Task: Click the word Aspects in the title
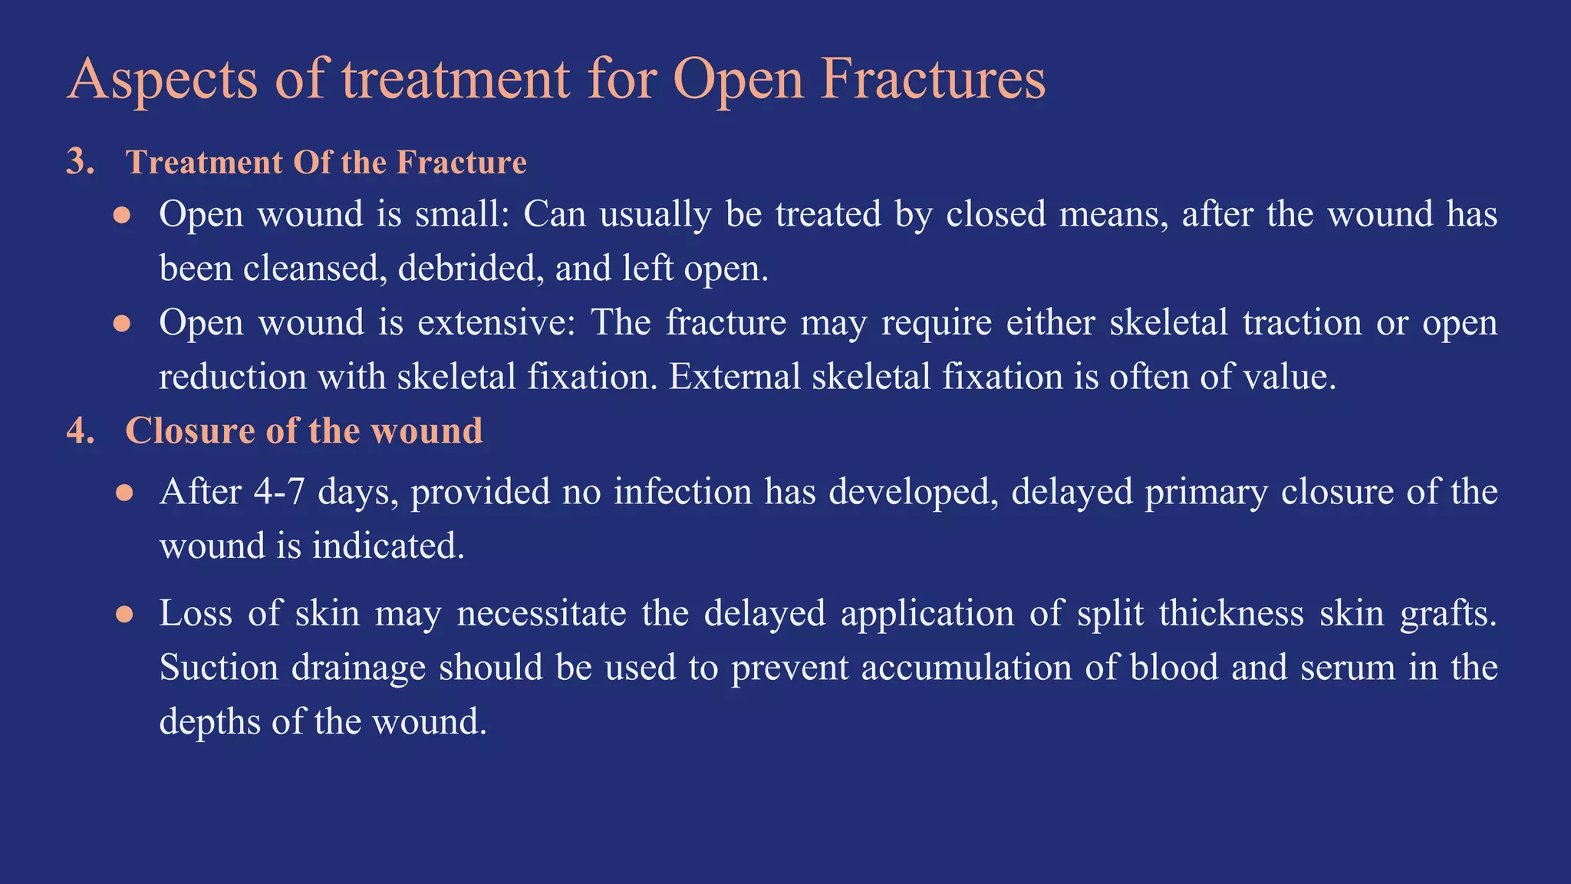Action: (162, 80)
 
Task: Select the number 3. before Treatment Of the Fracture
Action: (80, 162)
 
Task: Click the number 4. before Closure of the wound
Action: (80, 430)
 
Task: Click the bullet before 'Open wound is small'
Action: (123, 215)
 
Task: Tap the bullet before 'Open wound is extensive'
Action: (123, 323)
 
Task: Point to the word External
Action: (734, 377)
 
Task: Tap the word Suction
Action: (219, 668)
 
